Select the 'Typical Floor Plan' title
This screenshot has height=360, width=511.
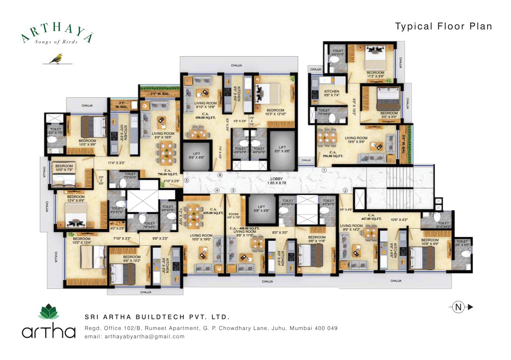point(444,26)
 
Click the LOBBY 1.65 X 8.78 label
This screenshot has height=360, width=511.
point(277,181)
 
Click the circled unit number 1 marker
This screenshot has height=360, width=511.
point(324,170)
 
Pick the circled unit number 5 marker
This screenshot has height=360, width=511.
point(186,181)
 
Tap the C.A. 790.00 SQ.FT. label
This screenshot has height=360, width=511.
point(168,172)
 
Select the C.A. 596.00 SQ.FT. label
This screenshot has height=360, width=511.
point(333,154)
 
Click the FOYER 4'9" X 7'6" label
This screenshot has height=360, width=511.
point(234,216)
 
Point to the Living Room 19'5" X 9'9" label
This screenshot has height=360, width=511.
point(356,140)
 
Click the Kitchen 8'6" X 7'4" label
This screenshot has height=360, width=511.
point(332,93)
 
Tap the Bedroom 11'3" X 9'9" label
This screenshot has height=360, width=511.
point(375,74)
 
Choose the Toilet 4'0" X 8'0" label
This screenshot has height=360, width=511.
point(462,243)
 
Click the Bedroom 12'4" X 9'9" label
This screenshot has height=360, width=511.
point(76,199)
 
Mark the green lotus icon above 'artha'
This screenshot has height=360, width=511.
point(48,312)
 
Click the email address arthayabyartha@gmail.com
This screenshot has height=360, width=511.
point(134,337)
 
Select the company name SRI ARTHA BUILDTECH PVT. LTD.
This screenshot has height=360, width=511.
point(157,317)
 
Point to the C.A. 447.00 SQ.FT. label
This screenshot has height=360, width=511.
point(371,217)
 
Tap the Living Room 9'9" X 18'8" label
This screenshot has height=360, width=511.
point(163,135)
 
